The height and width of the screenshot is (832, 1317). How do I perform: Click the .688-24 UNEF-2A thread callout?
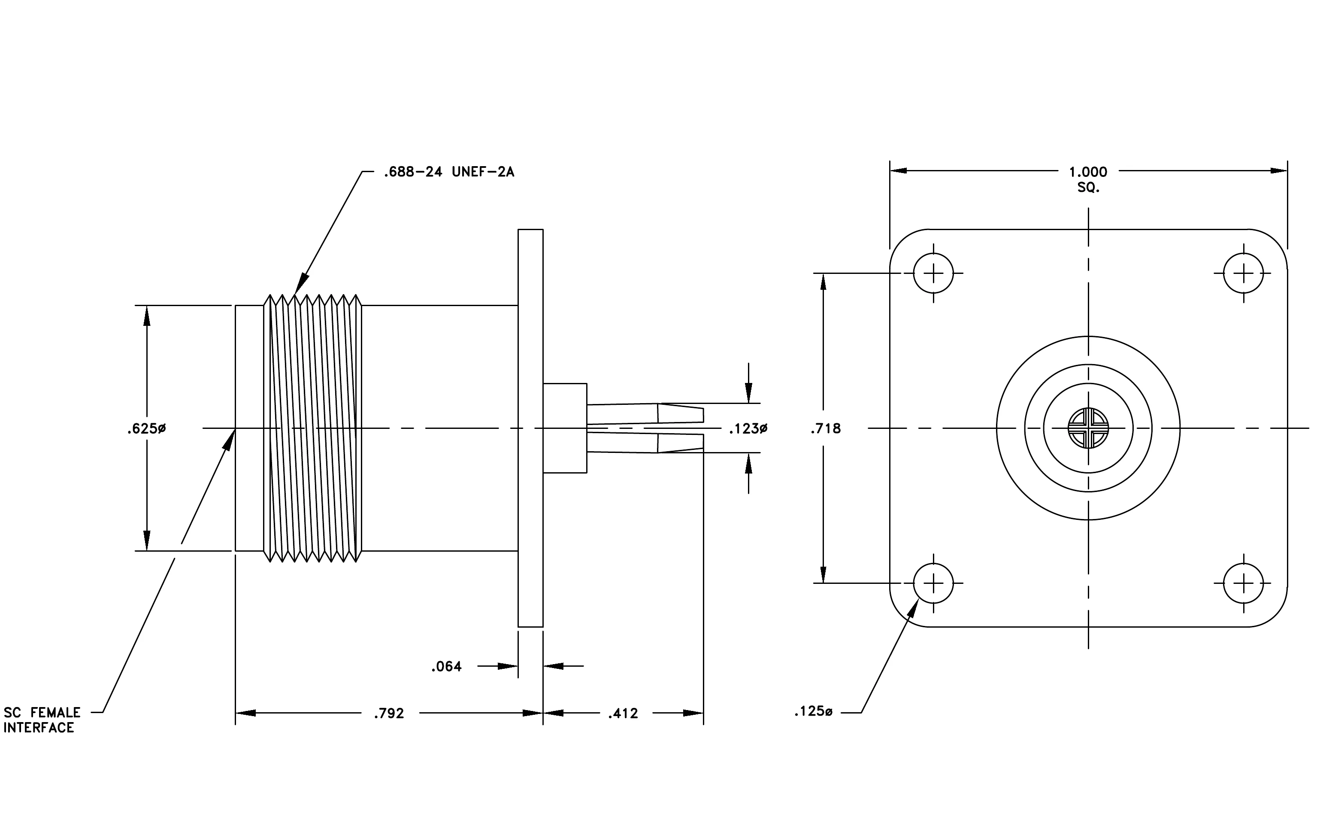click(x=449, y=172)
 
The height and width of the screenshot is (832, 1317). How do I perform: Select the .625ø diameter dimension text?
click(x=147, y=428)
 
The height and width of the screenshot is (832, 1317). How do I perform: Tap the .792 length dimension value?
click(x=389, y=714)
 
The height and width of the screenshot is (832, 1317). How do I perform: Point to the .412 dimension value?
click(x=623, y=714)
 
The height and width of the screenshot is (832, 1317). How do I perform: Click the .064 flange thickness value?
click(x=446, y=666)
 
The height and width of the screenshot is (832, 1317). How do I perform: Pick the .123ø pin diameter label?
click(x=748, y=429)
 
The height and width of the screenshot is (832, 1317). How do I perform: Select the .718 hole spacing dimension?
click(x=826, y=428)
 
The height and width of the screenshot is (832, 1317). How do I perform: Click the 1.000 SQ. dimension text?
click(x=1088, y=179)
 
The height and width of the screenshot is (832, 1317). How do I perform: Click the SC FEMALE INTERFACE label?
click(x=42, y=720)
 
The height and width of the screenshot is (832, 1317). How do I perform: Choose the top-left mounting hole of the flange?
click(x=933, y=273)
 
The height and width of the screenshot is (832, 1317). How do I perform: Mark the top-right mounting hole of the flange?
click(x=1243, y=273)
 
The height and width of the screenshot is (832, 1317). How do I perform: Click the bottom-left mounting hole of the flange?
click(x=933, y=583)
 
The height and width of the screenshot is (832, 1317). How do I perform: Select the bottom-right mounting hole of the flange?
click(x=1243, y=583)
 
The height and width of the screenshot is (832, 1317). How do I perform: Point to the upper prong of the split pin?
click(x=645, y=413)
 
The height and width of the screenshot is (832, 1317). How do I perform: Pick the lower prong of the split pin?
click(x=645, y=443)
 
